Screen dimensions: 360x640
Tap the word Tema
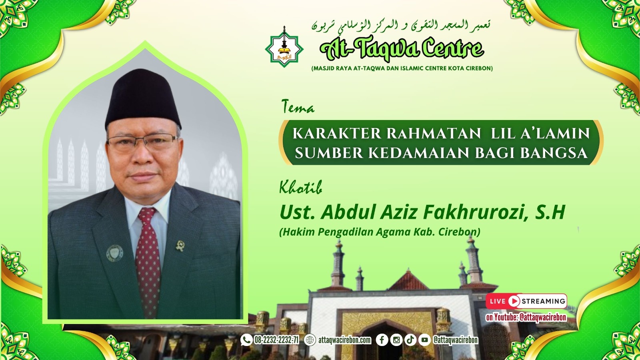(298, 107)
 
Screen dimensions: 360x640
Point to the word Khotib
(300, 187)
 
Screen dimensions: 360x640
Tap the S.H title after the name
(550, 212)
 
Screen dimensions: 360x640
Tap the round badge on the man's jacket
(114, 253)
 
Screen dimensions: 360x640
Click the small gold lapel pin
(180, 245)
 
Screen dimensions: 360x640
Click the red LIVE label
(498, 301)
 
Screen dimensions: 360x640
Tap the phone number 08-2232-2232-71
(276, 340)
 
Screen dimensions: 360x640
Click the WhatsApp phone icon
(246, 340)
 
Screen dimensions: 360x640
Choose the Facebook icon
(382, 340)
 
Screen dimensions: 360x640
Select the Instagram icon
(396, 340)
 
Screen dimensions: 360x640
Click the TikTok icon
(410, 340)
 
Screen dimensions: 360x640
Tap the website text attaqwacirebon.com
(344, 340)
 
